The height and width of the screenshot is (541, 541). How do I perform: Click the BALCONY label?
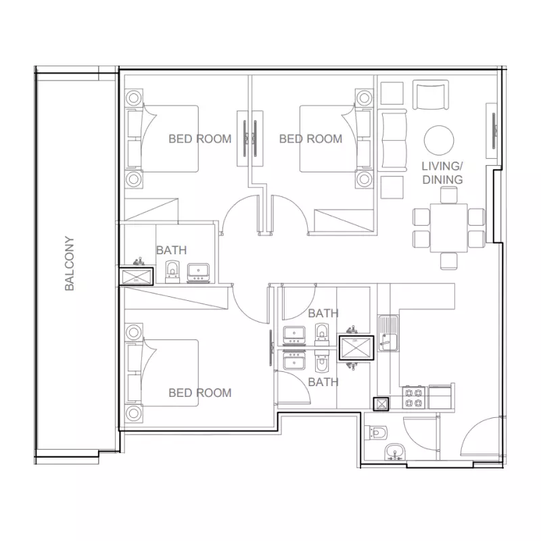(x=70, y=263)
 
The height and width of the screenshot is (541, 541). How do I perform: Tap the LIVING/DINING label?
(x=442, y=173)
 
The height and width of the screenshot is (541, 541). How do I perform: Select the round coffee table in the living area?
(x=439, y=140)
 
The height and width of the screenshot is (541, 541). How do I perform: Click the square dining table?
(x=448, y=228)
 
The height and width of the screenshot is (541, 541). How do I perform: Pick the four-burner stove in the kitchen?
(x=414, y=398)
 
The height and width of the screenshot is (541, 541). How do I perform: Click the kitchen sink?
(x=388, y=333)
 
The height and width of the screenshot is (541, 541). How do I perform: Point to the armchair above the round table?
(x=431, y=95)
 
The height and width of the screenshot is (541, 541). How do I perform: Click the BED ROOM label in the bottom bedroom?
(x=199, y=393)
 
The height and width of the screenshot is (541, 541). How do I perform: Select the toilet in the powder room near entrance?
(x=376, y=433)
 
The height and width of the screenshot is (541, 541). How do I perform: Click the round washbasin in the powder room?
(x=395, y=452)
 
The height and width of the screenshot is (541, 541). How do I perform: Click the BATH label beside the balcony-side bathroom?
(x=172, y=250)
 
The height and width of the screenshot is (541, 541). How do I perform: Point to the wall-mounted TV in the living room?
(x=494, y=131)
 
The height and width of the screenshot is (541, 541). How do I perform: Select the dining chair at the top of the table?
(x=449, y=195)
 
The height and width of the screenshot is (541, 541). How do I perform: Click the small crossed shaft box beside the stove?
(x=381, y=404)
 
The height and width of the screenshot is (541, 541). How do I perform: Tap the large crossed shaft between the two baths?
(x=356, y=348)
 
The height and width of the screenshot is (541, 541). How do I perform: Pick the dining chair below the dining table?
(x=449, y=261)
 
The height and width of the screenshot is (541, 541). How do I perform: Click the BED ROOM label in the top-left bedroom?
(x=199, y=139)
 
